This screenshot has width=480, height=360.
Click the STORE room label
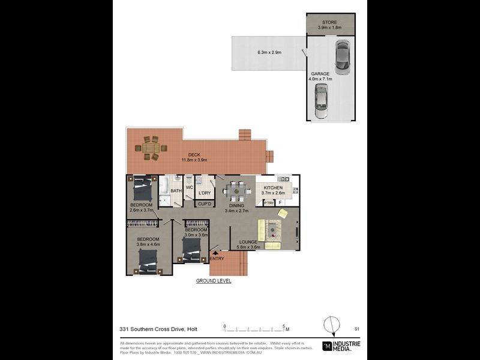(329, 22)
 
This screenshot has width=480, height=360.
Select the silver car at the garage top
(342, 57)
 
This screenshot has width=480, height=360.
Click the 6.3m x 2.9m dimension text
(269, 52)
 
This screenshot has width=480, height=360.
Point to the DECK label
(194, 155)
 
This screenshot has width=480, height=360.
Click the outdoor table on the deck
(151, 148)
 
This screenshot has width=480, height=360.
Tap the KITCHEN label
(273, 188)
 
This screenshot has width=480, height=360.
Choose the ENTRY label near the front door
(217, 259)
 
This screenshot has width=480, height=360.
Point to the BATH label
(176, 191)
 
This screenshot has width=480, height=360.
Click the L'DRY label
(205, 193)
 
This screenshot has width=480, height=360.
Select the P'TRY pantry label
(269, 203)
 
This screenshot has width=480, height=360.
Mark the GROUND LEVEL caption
(214, 281)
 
